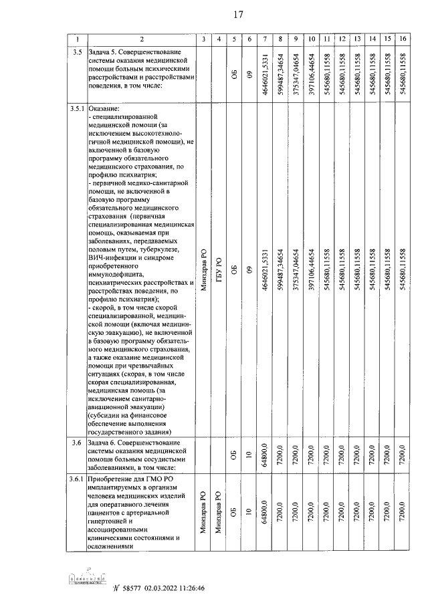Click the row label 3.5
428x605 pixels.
77,51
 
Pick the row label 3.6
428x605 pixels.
77,445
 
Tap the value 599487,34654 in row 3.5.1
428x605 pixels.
282,269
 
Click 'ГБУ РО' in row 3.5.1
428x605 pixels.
219,270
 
